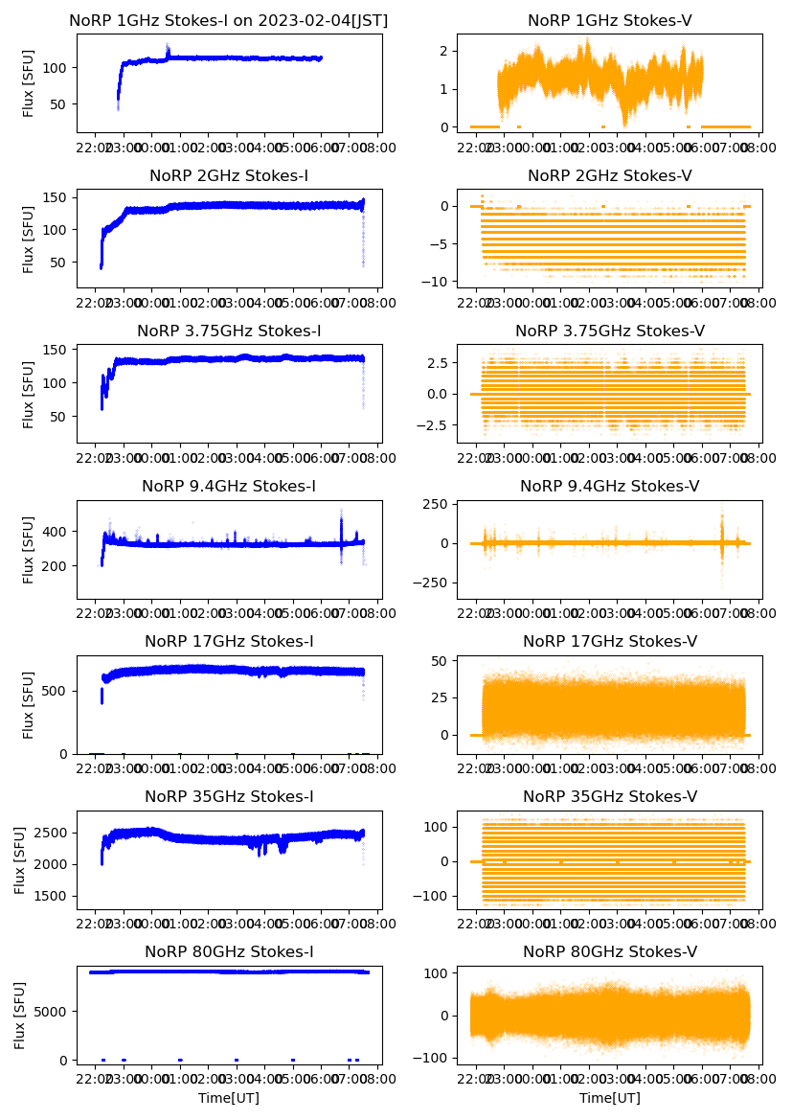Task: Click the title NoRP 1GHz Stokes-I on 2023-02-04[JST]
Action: (x=229, y=21)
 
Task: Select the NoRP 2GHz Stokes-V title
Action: (x=609, y=176)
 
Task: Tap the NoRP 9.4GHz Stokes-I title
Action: (x=229, y=487)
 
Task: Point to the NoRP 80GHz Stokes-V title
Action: (x=609, y=952)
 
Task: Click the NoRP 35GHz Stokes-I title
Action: (x=229, y=797)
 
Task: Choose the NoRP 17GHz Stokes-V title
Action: (x=609, y=642)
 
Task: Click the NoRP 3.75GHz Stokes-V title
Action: (x=609, y=331)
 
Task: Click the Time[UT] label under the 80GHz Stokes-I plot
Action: (x=229, y=1098)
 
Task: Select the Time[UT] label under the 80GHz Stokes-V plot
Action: (x=609, y=1098)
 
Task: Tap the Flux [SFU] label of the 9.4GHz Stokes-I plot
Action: (x=29, y=550)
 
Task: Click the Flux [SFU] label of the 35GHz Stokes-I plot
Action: (x=21, y=860)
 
